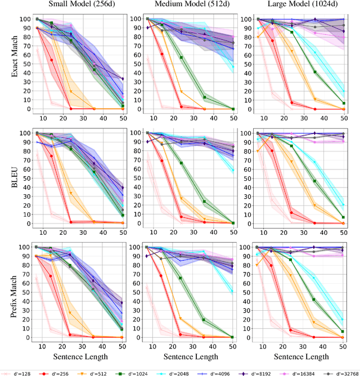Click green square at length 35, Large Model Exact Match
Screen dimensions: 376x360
pos(314,72)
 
